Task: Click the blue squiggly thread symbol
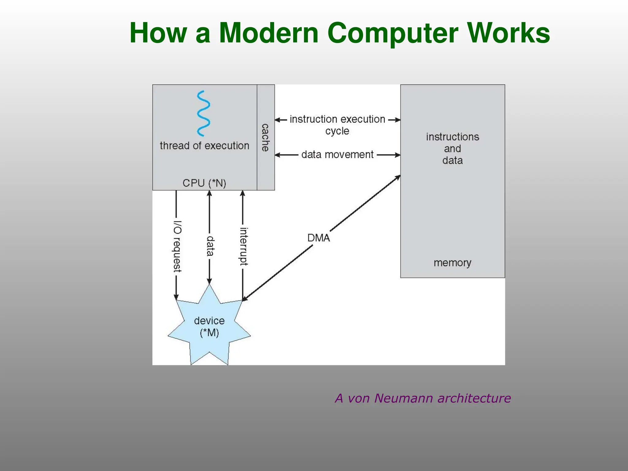pos(203,113)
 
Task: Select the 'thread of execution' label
pos(205,146)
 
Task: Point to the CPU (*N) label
pos(204,183)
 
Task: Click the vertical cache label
pos(265,137)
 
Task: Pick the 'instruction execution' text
pos(337,119)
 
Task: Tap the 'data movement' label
pos(337,155)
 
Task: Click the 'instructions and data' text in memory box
pos(452,149)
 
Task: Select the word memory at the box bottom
pos(452,263)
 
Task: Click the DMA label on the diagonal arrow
pos(319,238)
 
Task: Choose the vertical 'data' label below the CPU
pos(210,246)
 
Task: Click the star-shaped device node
pos(209,325)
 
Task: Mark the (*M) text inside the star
pos(209,333)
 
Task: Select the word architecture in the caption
pos(474,398)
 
